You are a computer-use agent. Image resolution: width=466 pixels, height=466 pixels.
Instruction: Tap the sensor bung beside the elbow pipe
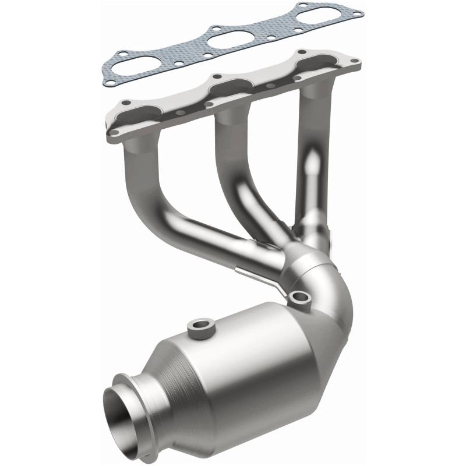pos(301,298)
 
